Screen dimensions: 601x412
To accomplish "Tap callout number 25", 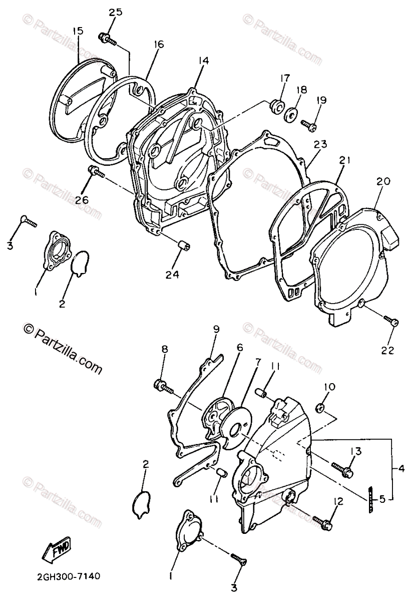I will [x=116, y=13].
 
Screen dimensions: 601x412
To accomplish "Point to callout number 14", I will [x=203, y=61].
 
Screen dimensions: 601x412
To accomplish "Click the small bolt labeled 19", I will [x=308, y=124].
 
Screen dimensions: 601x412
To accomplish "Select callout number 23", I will [x=320, y=145].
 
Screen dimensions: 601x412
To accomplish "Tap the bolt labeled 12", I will [x=321, y=522].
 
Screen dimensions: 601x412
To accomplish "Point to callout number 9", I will [x=216, y=329].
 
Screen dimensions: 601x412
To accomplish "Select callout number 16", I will [x=158, y=44].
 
